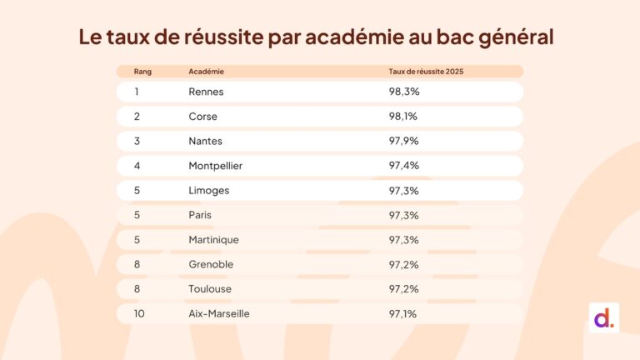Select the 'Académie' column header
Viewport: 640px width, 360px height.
click(x=207, y=72)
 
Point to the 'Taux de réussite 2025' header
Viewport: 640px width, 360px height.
click(x=426, y=72)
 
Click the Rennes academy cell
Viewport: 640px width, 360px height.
click(x=206, y=92)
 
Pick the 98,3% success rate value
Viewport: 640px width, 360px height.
click(x=403, y=92)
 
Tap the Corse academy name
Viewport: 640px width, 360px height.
click(x=202, y=117)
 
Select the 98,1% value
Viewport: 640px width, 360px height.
click(x=403, y=117)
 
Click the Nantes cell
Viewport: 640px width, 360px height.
click(x=205, y=141)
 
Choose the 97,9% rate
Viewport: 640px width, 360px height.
click(x=403, y=141)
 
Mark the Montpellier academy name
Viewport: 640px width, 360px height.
click(x=216, y=166)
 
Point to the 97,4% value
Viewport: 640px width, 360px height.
click(x=403, y=166)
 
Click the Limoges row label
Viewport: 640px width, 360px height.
click(x=208, y=190)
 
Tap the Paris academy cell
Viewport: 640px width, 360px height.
click(x=200, y=215)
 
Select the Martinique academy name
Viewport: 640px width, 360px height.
click(x=213, y=240)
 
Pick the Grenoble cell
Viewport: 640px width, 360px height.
click(x=211, y=264)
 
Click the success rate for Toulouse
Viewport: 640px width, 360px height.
click(x=403, y=289)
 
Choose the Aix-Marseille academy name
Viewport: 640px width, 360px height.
click(x=219, y=314)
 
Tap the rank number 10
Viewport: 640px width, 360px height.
click(x=139, y=314)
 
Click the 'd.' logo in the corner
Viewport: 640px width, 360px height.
click(x=603, y=317)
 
